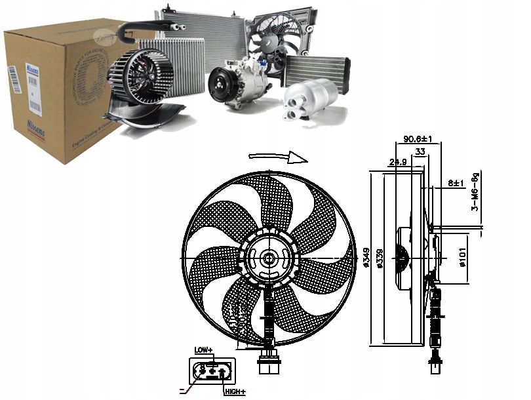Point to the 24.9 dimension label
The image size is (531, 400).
[399, 161]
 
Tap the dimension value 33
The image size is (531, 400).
[420, 151]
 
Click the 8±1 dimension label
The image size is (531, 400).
[456, 183]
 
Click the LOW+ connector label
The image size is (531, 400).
[204, 351]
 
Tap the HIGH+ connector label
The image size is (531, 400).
[235, 391]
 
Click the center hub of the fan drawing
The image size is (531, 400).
[268, 259]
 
